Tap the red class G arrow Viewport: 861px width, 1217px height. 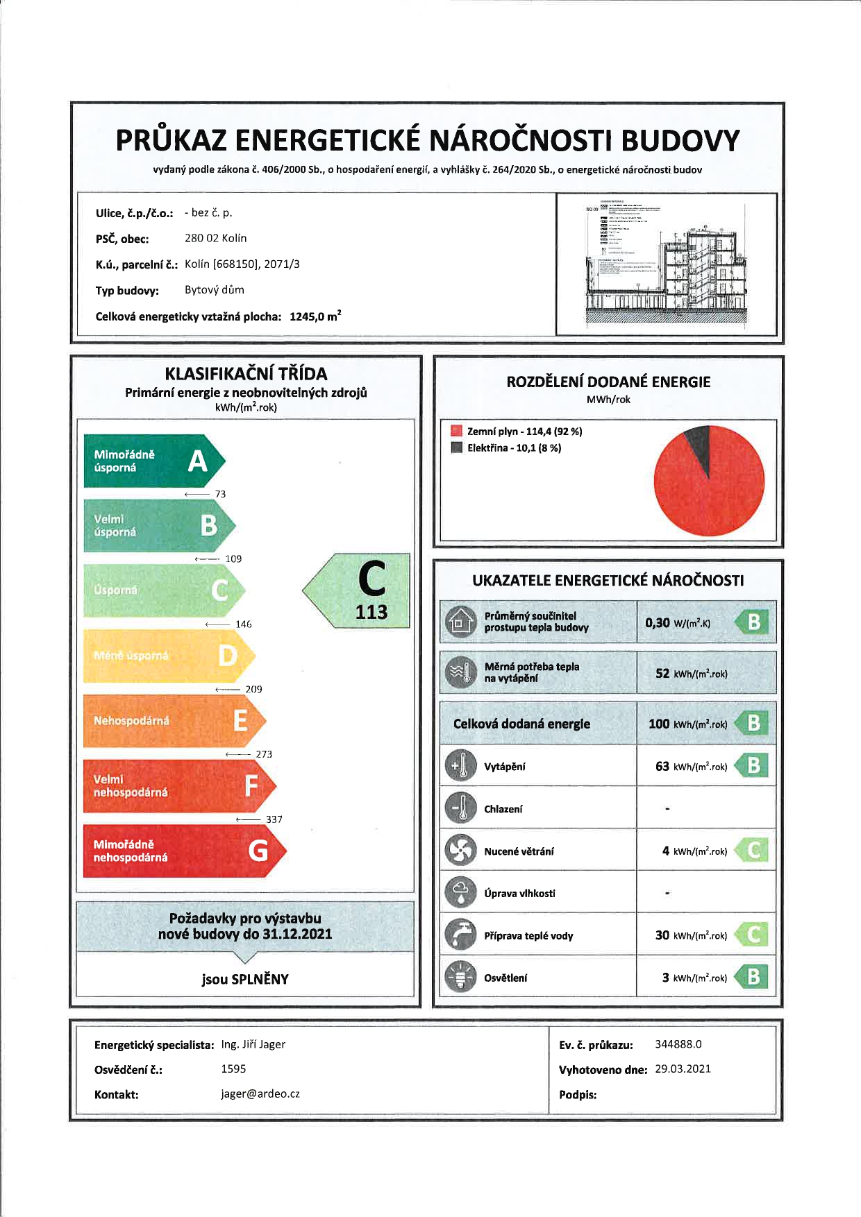pyautogui.click(x=184, y=851)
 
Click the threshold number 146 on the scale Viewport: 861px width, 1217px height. pyautogui.click(x=243, y=624)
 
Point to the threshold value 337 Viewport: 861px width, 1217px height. pyautogui.click(x=274, y=819)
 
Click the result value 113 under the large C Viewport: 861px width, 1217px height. pyautogui.click(x=371, y=612)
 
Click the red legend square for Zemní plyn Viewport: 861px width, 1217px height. pyautogui.click(x=456, y=431)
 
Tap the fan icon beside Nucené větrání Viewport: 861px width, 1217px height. pyautogui.click(x=460, y=851)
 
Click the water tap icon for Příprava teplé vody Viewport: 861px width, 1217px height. pyautogui.click(x=460, y=935)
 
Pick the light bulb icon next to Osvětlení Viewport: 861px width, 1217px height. pyautogui.click(x=460, y=977)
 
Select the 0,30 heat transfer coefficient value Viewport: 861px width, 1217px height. pyautogui.click(x=657, y=622)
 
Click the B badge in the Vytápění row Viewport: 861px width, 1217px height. pyautogui.click(x=753, y=766)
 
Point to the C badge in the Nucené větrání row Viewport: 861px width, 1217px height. pyautogui.click(x=753, y=851)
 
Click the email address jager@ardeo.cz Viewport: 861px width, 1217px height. pyautogui.click(x=260, y=1093)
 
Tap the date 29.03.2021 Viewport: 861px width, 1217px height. pyautogui.click(x=683, y=1069)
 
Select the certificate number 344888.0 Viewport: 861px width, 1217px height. pyautogui.click(x=678, y=1044)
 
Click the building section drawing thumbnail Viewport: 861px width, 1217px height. pyautogui.click(x=667, y=264)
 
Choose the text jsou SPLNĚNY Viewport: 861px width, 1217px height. pyautogui.click(x=245, y=979)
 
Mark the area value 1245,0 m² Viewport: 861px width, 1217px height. pyautogui.click(x=315, y=316)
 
